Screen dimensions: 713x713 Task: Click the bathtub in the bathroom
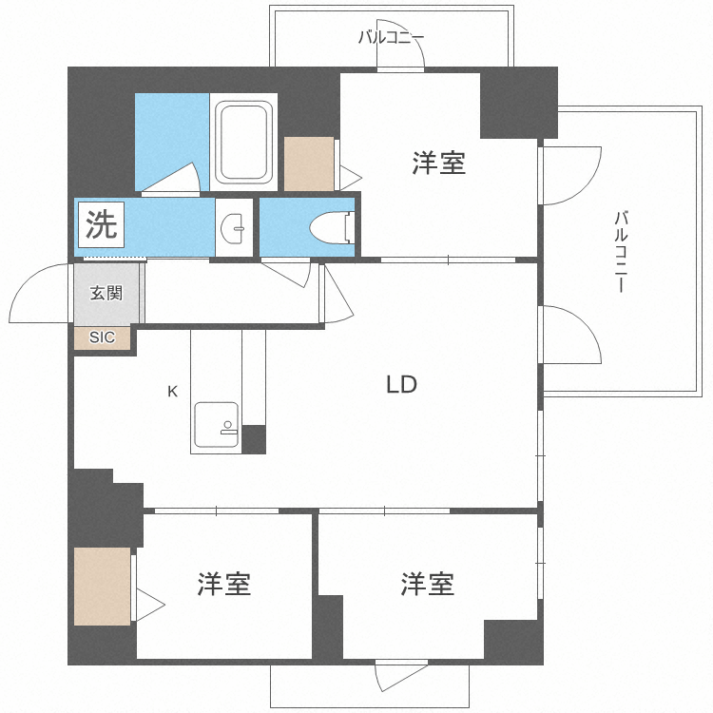[x=244, y=143]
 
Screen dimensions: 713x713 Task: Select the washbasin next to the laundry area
[x=234, y=226]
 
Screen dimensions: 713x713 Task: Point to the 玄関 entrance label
[x=106, y=293]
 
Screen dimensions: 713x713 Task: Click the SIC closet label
[x=102, y=337]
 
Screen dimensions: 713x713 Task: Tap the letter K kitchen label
[x=172, y=391]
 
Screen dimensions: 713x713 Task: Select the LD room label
[x=401, y=385]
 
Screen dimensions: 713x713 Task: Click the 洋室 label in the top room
[x=438, y=164]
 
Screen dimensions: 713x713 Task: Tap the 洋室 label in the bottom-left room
[x=224, y=584]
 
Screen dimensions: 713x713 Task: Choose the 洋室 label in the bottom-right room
[x=427, y=583]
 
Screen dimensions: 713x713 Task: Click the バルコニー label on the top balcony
[x=391, y=38]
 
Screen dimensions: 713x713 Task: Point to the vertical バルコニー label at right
[x=621, y=251]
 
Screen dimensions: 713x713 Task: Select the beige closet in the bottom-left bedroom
[x=103, y=586]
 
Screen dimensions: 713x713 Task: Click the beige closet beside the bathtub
[x=309, y=164]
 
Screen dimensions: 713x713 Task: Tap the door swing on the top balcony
[x=399, y=57]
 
